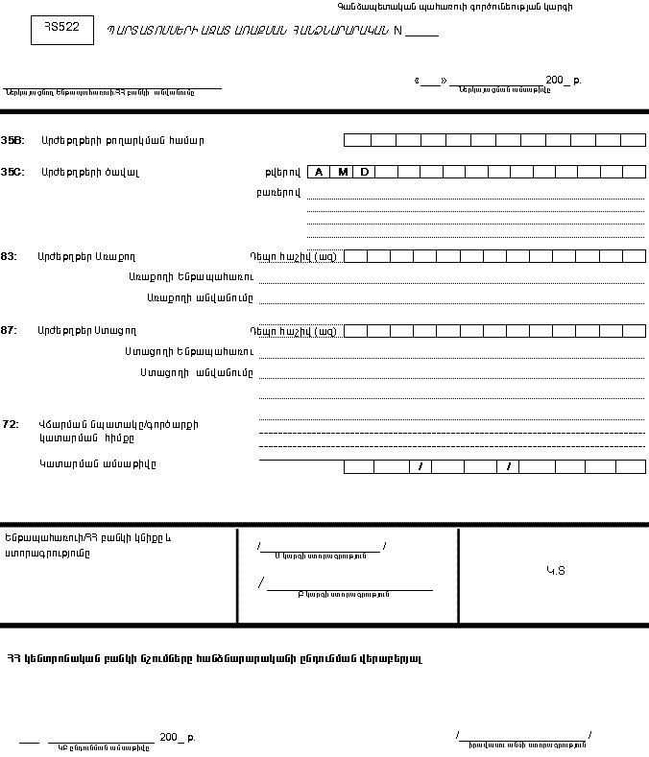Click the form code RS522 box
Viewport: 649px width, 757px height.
(62, 30)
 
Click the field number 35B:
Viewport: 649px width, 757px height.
(13, 140)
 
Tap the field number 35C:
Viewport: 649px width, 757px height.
(13, 172)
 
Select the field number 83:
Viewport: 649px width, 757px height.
(10, 256)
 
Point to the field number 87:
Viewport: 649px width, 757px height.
(10, 330)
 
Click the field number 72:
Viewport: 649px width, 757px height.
(11, 423)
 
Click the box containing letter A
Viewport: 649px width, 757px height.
(319, 172)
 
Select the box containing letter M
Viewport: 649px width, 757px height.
(342, 172)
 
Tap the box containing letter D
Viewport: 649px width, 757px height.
(364, 172)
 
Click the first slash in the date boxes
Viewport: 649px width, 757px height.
(420, 467)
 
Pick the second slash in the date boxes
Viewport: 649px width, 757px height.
(510, 467)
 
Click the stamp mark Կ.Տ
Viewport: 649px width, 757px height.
(556, 570)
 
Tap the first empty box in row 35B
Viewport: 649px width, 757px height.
(356, 140)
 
